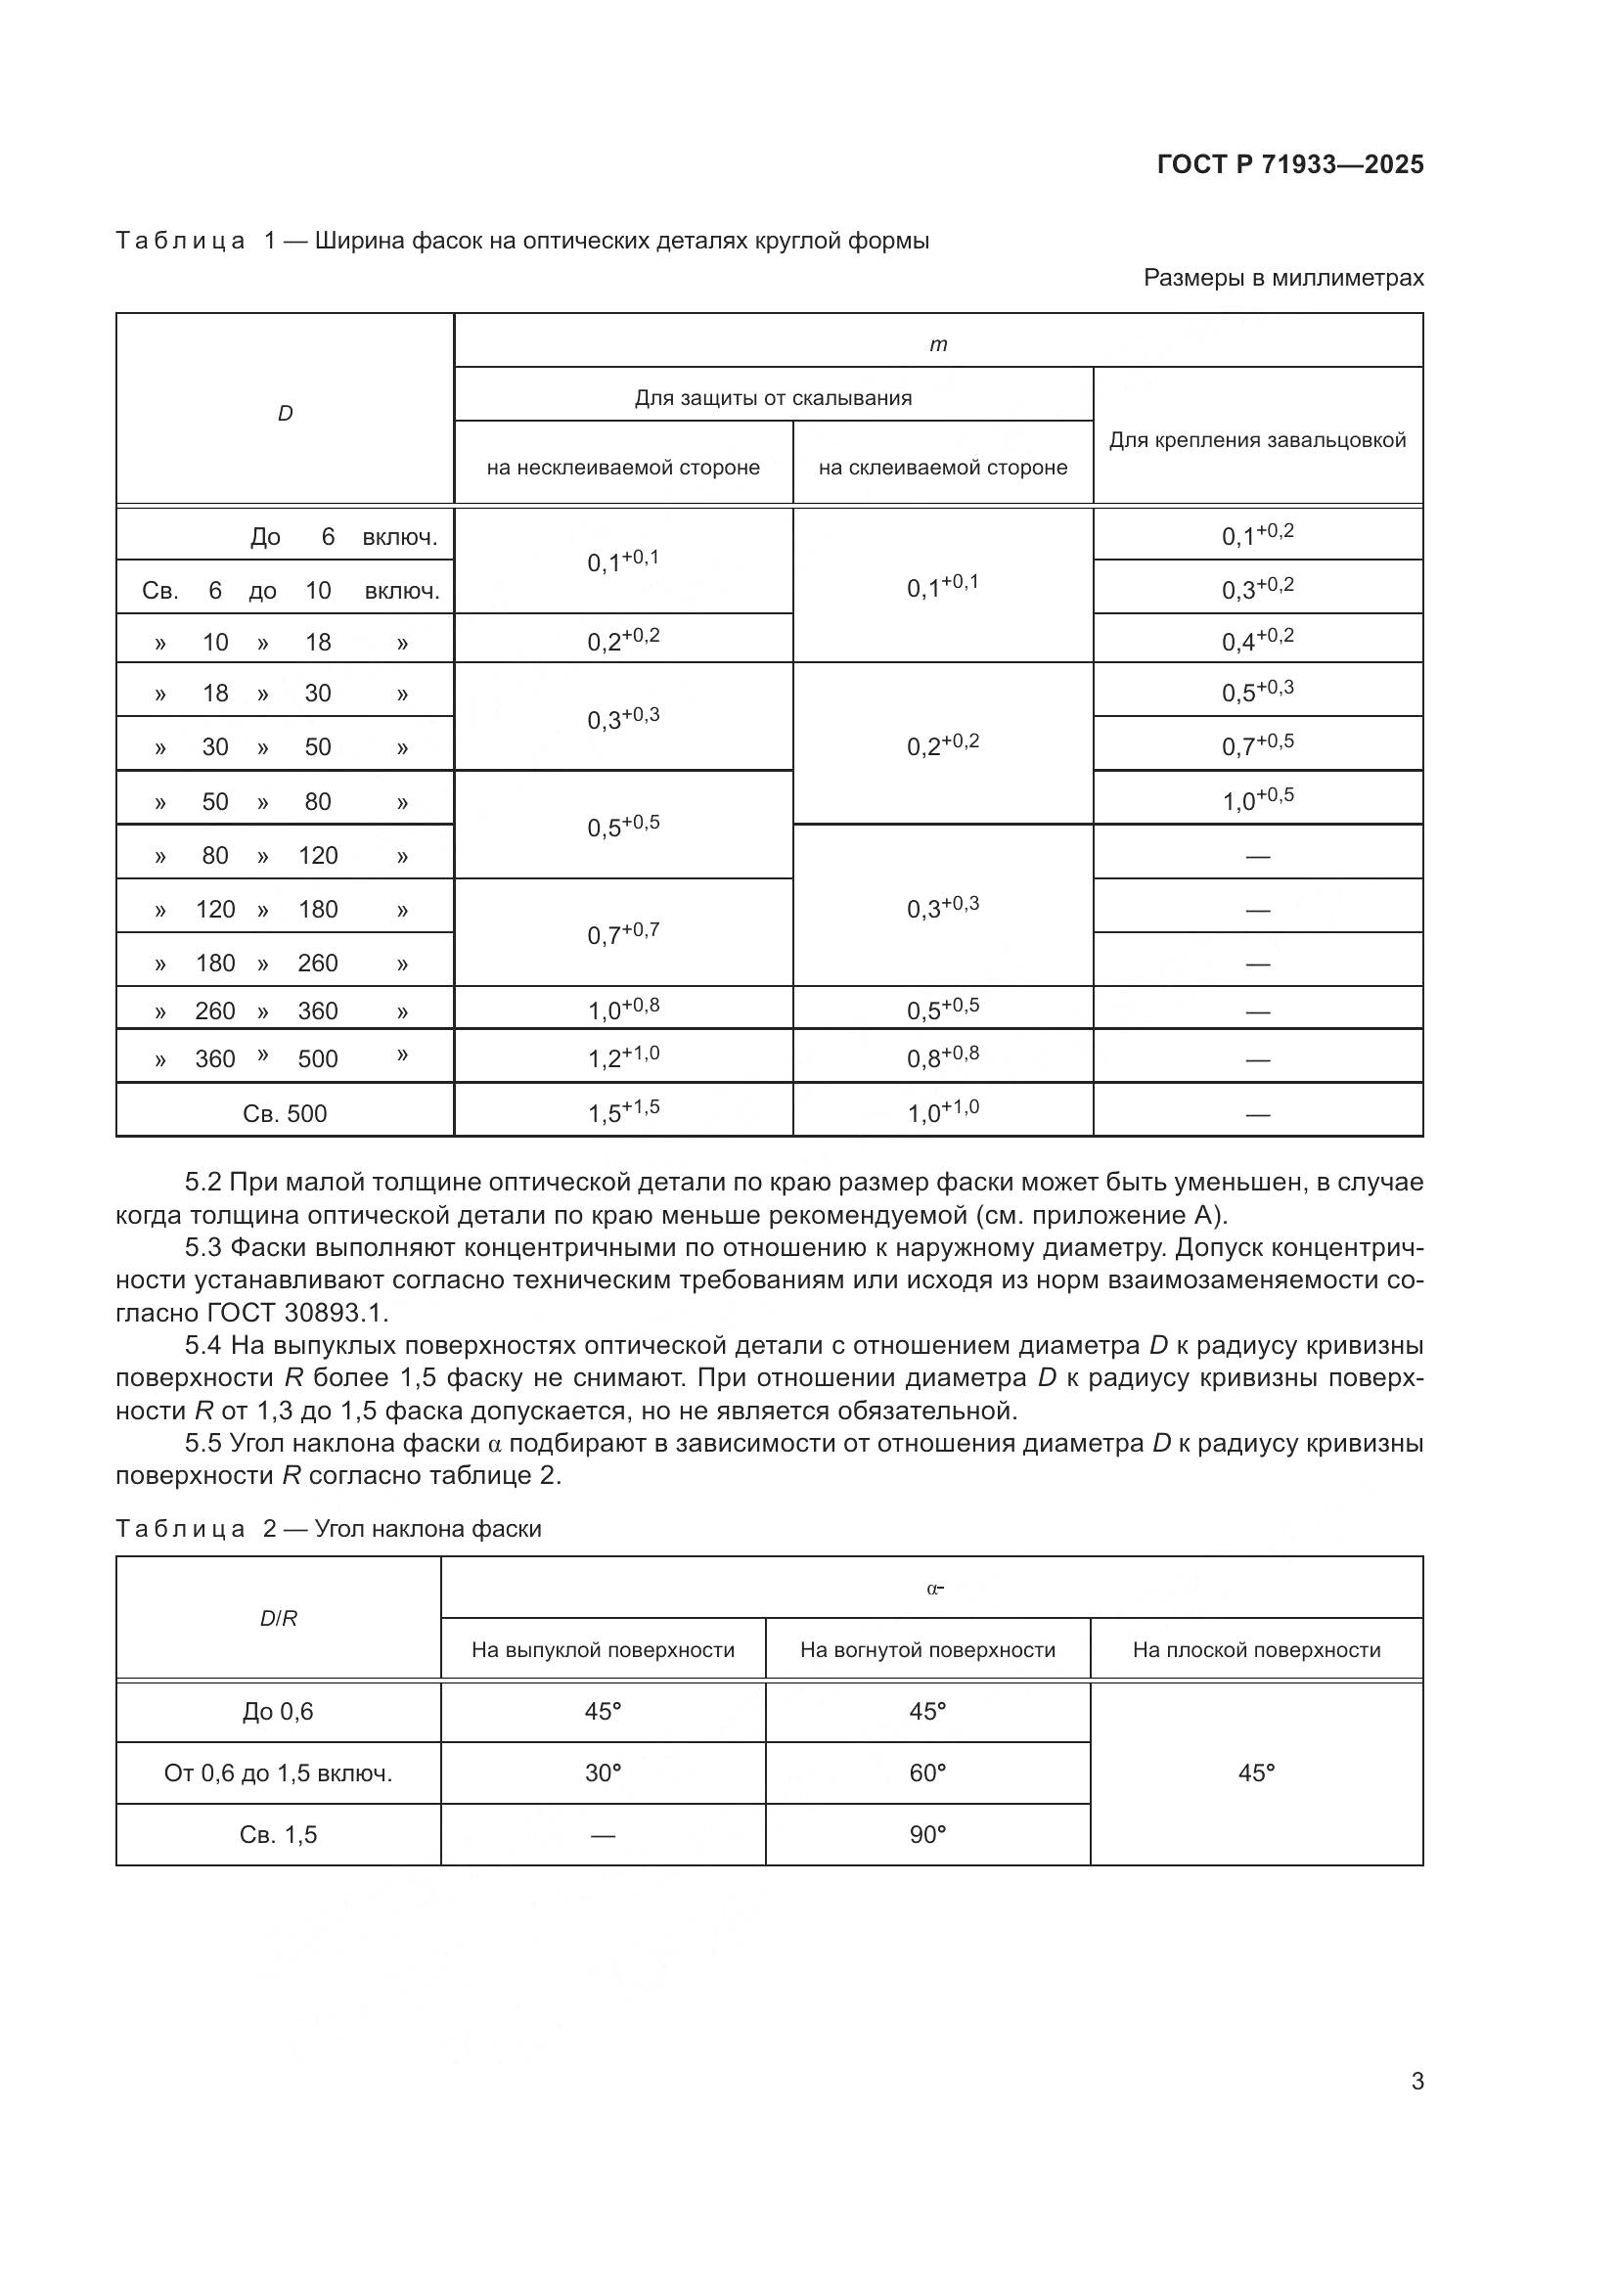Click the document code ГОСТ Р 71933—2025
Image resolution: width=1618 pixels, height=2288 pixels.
(1290, 165)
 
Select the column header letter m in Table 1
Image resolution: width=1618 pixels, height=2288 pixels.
(937, 344)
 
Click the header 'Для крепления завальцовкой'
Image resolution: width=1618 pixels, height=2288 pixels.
(1257, 440)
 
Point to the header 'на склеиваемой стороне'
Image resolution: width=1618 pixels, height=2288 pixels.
(942, 468)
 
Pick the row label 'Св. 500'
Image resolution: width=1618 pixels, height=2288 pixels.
(285, 1113)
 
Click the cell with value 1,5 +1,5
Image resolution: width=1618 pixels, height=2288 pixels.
(624, 1111)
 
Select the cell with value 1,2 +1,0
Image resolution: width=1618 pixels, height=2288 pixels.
(624, 1057)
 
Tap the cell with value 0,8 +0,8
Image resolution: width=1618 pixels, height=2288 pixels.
(942, 1057)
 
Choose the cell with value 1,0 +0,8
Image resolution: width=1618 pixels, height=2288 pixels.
(624, 1009)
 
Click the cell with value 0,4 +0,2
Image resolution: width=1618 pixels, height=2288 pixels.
(1257, 640)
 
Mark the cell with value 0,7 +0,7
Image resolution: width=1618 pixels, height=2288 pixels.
(624, 934)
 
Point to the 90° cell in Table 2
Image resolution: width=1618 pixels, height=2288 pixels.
(927, 1834)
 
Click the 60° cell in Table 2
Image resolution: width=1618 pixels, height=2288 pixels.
(927, 1772)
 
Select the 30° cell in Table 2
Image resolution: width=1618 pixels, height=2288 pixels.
(603, 1772)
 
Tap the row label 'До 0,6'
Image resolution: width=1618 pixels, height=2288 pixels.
(278, 1711)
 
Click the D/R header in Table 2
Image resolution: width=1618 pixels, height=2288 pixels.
(278, 1618)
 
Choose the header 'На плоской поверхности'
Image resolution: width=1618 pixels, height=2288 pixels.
(1256, 1649)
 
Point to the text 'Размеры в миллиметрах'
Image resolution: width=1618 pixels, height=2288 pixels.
(1283, 278)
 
